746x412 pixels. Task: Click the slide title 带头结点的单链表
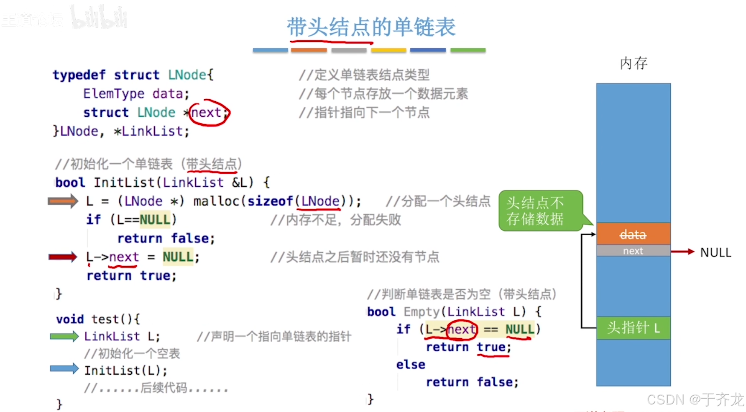pos(371,27)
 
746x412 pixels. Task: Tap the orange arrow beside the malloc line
pos(63,201)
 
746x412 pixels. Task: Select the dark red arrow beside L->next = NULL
pos(63,257)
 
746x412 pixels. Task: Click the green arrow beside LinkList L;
pos(64,336)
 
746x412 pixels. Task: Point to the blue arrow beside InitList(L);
pos(64,368)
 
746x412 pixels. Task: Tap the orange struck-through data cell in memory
pos(633,234)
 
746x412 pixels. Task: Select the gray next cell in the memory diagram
pos(633,251)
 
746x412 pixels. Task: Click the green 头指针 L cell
pos(633,327)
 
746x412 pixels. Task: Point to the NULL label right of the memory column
pos(715,252)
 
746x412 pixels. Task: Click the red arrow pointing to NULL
pos(683,252)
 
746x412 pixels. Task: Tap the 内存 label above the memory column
pos(634,63)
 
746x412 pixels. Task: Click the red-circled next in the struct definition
pos(207,113)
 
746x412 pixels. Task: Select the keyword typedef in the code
pos(79,75)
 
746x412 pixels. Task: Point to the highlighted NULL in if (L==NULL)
pos(155,220)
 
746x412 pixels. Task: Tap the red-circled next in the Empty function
pos(462,330)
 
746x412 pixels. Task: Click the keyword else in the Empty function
pos(411,365)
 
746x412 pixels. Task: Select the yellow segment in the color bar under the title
pos(388,50)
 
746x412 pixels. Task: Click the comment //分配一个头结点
pos(438,201)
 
